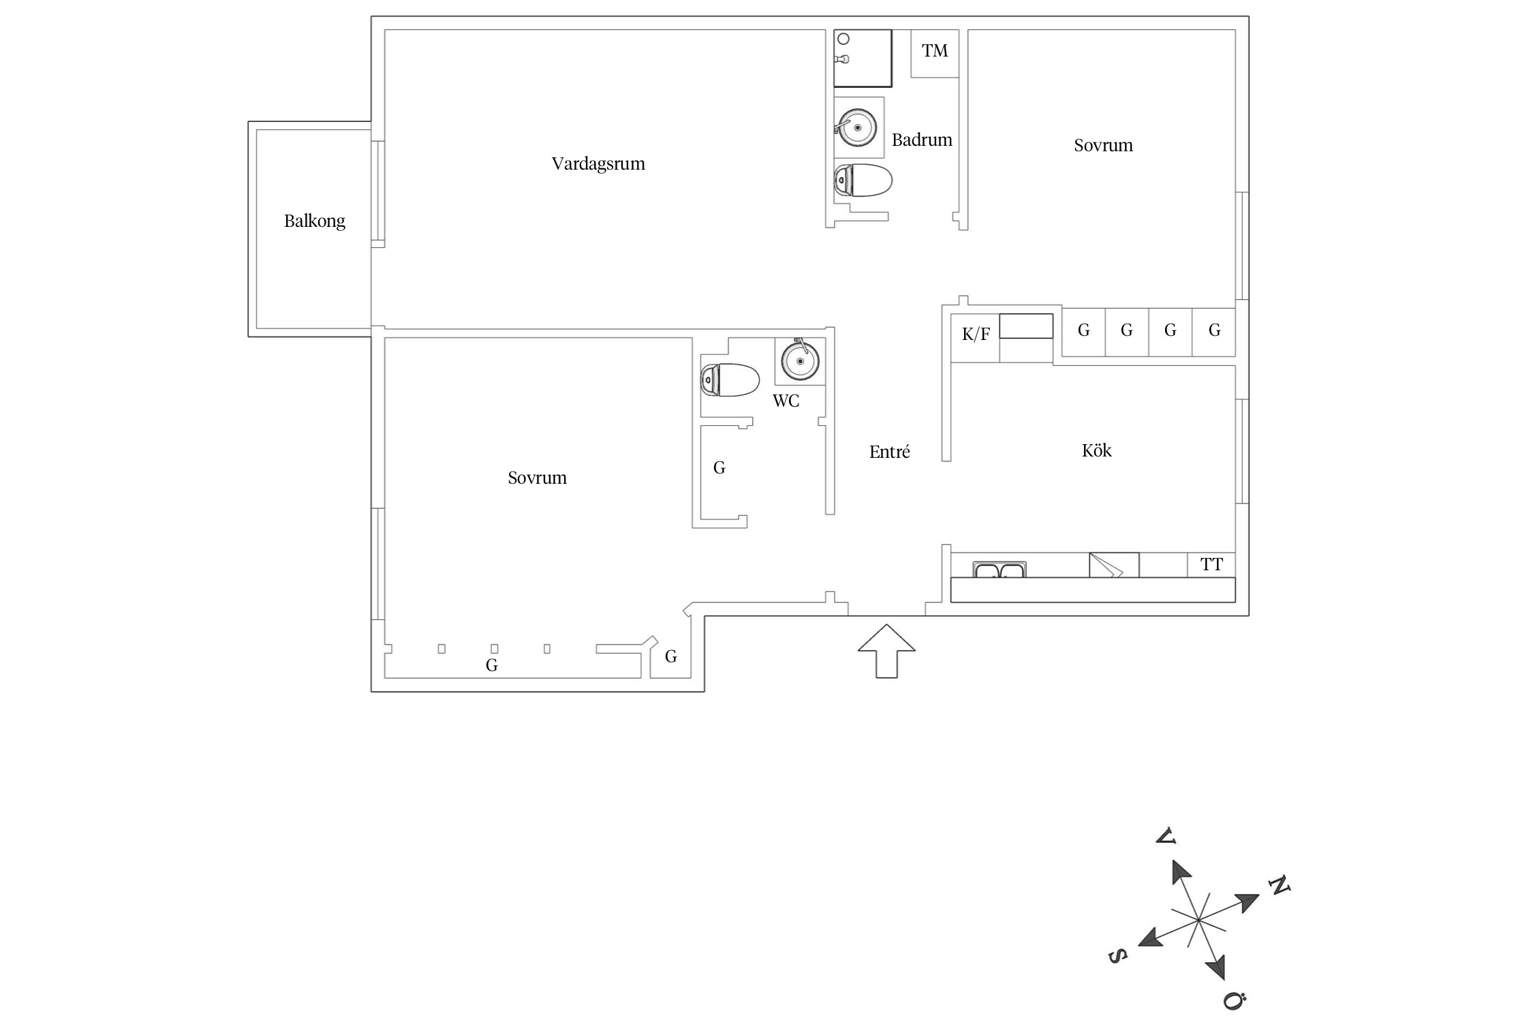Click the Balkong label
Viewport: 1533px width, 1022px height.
click(x=314, y=221)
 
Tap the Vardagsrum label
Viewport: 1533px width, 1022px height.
click(x=598, y=164)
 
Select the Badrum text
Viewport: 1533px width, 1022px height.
click(x=922, y=140)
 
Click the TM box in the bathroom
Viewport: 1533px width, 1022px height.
click(x=935, y=51)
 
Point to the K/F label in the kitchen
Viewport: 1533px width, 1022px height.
click(x=976, y=334)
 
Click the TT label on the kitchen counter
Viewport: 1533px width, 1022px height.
click(x=1211, y=564)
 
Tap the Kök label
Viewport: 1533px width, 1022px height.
click(x=1096, y=450)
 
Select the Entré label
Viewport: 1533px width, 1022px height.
click(x=889, y=452)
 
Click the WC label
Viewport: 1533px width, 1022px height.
click(x=786, y=401)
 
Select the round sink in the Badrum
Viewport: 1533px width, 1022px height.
click(x=856, y=127)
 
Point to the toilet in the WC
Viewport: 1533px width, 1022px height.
click(x=730, y=380)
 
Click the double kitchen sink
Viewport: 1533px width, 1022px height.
click(x=1000, y=570)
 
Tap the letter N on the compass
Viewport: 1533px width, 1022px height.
click(x=1280, y=886)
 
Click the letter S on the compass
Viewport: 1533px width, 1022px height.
click(x=1117, y=956)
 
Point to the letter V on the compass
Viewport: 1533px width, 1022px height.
click(x=1166, y=836)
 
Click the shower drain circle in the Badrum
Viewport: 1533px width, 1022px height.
click(x=843, y=39)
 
